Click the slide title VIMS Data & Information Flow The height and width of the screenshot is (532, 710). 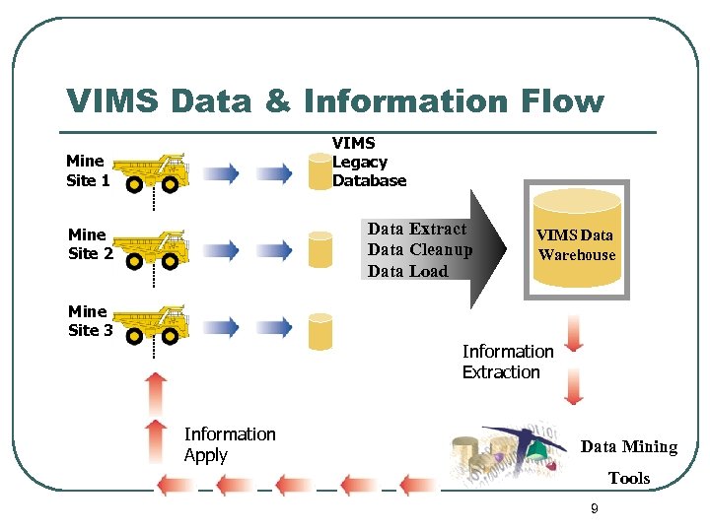[x=334, y=100]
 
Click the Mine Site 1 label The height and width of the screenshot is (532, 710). [x=88, y=170]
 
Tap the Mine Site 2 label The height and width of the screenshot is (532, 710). [x=90, y=243]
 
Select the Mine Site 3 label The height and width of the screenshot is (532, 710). [x=90, y=321]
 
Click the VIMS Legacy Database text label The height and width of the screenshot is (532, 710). [x=368, y=162]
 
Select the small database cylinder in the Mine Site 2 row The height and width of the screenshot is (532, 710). [x=319, y=249]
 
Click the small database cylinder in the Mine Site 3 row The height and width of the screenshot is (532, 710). [x=319, y=330]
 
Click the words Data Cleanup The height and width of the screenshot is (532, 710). [x=419, y=250]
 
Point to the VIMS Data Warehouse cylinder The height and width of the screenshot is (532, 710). [x=576, y=240]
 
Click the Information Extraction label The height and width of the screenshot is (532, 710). [x=508, y=362]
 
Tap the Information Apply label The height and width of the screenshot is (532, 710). [x=229, y=444]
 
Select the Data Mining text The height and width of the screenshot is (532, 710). [x=628, y=447]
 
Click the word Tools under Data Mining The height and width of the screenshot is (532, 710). [x=628, y=479]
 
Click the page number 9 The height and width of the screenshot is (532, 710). [x=594, y=508]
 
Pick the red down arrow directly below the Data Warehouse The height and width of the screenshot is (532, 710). [x=574, y=333]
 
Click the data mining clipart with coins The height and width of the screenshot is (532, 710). [x=509, y=453]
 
